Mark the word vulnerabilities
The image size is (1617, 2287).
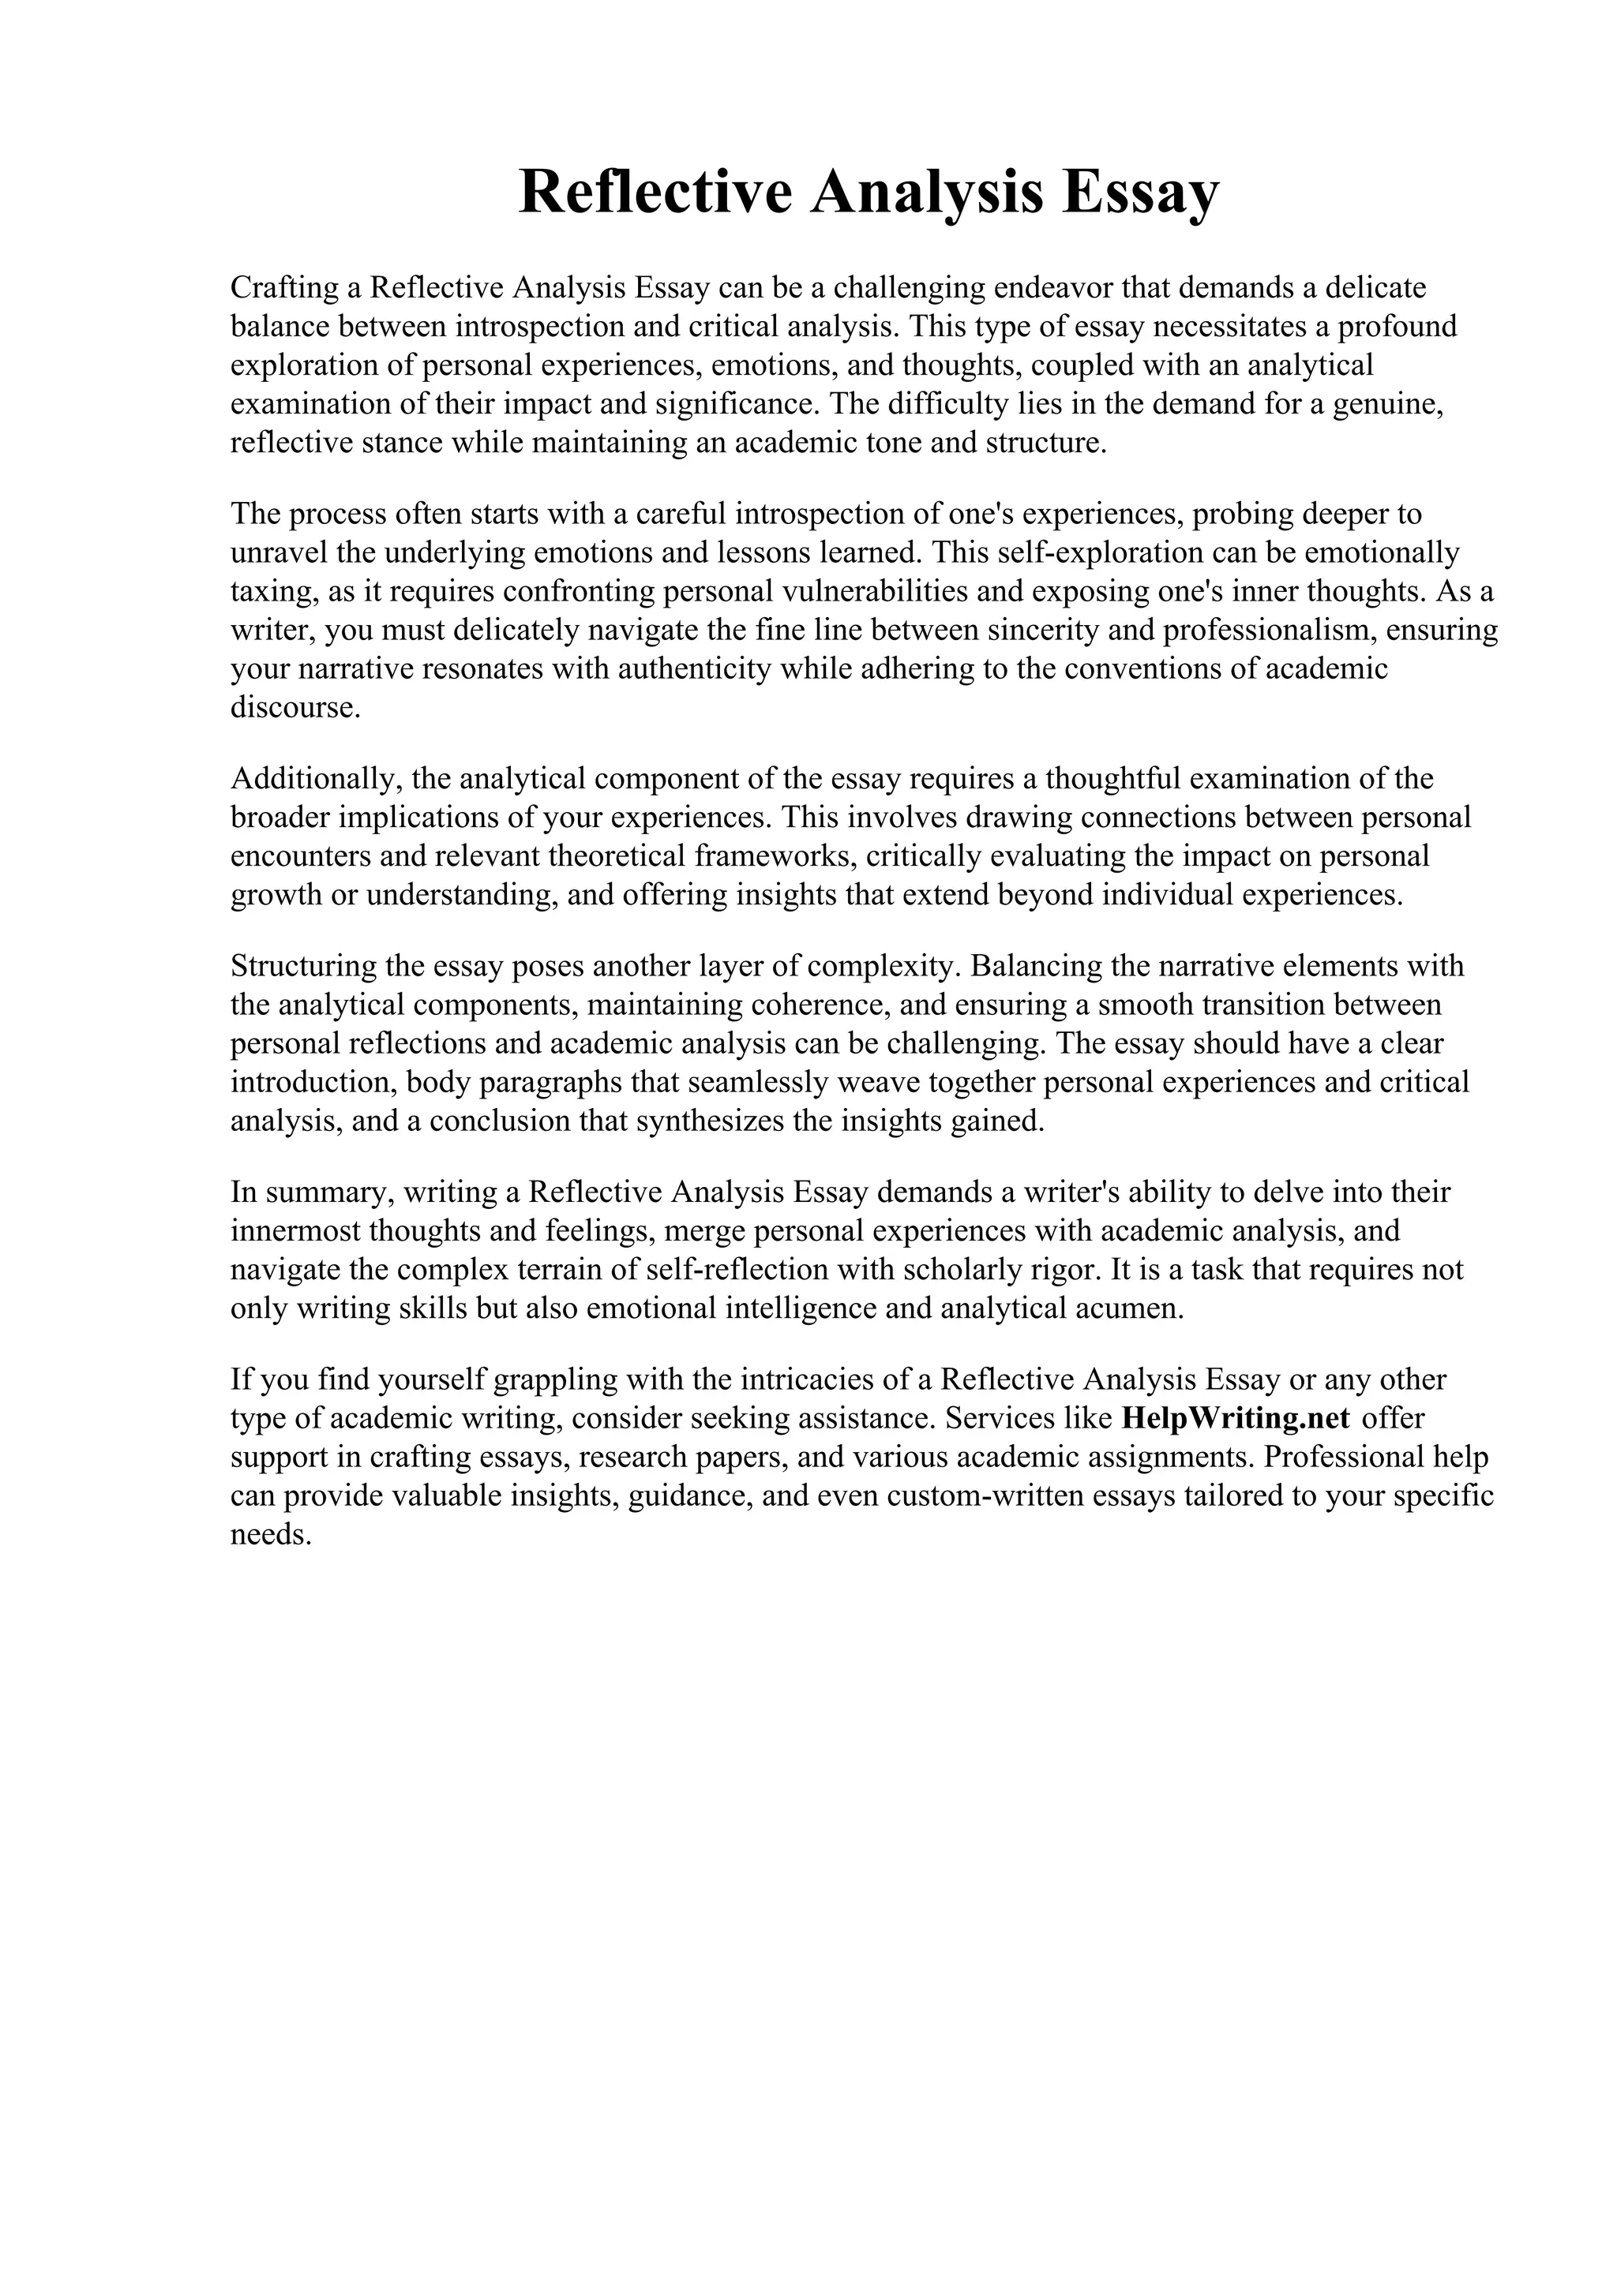coord(876,592)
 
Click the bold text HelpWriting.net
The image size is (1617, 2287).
coord(1236,1418)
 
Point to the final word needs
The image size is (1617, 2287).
coord(271,1535)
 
